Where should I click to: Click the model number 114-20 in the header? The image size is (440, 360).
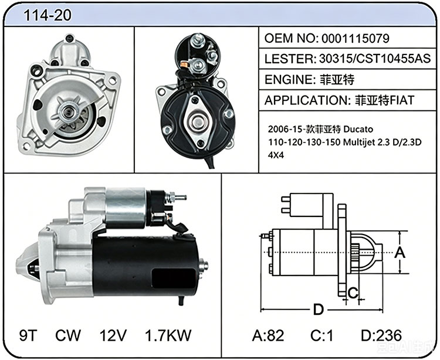pos(48,15)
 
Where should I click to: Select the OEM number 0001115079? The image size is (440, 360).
pos(356,39)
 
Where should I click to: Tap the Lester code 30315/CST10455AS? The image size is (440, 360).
pos(375,59)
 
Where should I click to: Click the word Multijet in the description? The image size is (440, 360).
pos(359,142)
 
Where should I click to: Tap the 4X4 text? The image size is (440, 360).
pos(276,155)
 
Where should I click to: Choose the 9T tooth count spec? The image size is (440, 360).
pos(28,335)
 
